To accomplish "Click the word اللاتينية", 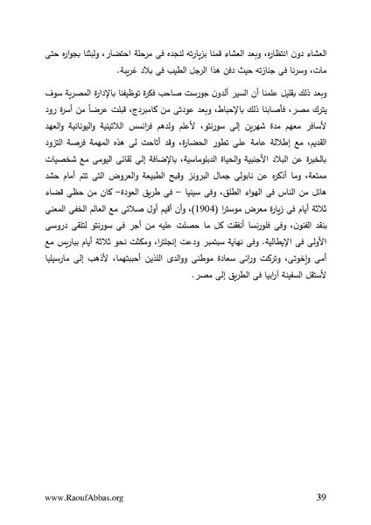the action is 120,143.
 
